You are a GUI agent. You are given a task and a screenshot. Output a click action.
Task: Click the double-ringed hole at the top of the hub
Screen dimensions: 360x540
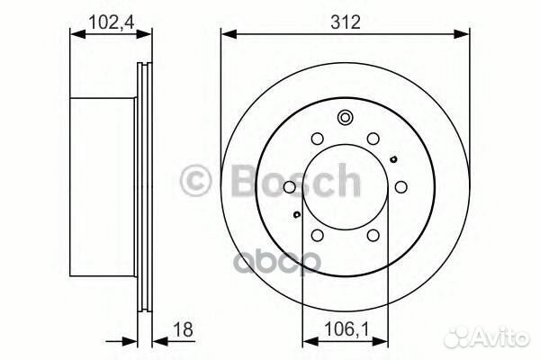[345, 118]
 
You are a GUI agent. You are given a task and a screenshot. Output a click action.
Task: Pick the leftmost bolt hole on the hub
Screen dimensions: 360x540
[288, 187]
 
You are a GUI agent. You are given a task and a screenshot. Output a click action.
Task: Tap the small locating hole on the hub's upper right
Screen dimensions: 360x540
[393, 159]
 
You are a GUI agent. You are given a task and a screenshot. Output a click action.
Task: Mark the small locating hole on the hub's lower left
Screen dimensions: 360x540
[296, 215]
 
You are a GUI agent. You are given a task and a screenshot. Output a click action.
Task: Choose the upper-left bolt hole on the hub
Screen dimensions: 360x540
[317, 139]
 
